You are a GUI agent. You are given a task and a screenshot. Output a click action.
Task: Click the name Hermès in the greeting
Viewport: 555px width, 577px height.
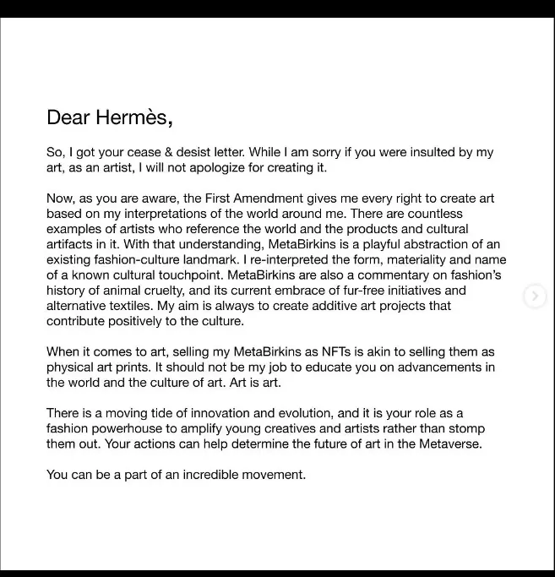pyautogui.click(x=131, y=117)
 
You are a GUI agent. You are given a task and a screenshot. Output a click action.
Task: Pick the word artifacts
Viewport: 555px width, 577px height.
pyautogui.click(x=74, y=244)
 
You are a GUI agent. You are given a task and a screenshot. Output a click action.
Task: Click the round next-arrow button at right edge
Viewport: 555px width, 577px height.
pyautogui.click(x=534, y=296)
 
